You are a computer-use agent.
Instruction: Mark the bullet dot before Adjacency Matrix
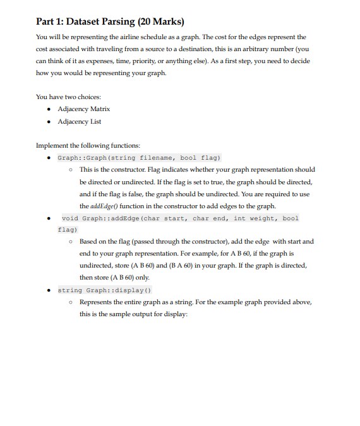[50, 110]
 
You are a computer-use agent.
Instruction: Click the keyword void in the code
[70, 218]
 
